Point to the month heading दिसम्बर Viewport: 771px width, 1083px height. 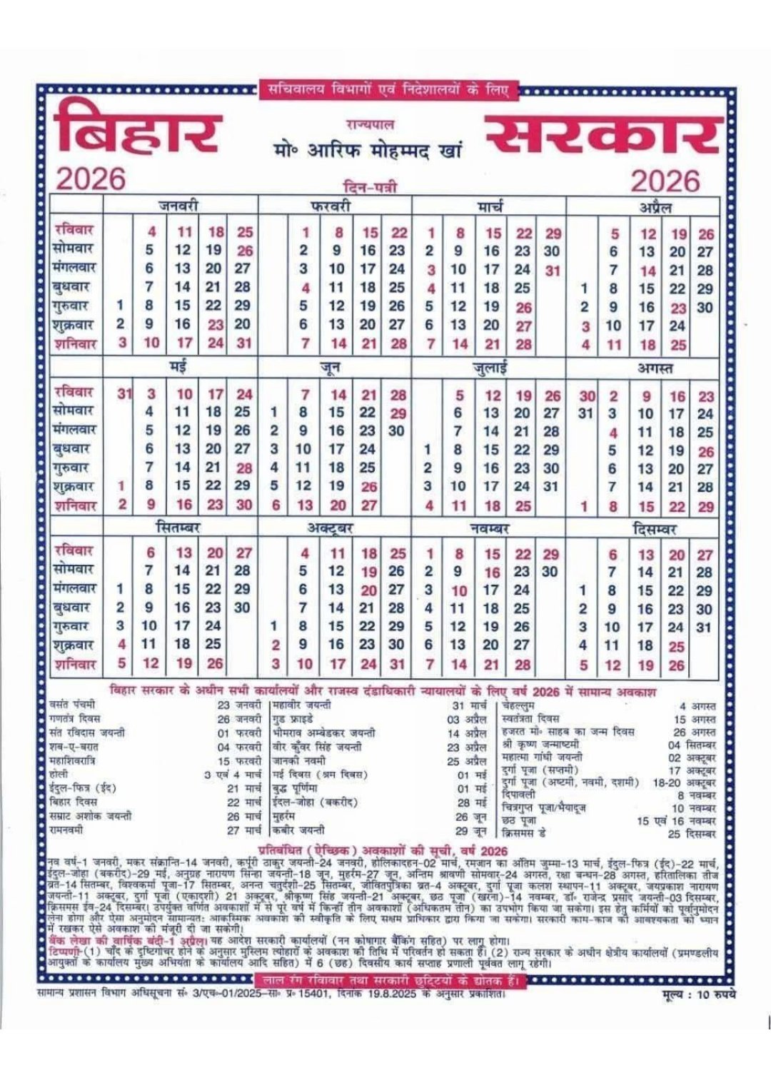[x=655, y=529]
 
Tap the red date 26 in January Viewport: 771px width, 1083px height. [x=245, y=251]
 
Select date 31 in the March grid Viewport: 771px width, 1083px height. [x=553, y=271]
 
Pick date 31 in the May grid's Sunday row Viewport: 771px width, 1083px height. [x=125, y=393]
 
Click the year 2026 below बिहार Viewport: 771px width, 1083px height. [x=91, y=179]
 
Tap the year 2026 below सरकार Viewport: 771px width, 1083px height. [x=665, y=181]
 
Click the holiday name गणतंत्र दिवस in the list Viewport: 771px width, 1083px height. [x=76, y=718]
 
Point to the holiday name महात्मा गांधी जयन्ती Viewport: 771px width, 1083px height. [x=543, y=757]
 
